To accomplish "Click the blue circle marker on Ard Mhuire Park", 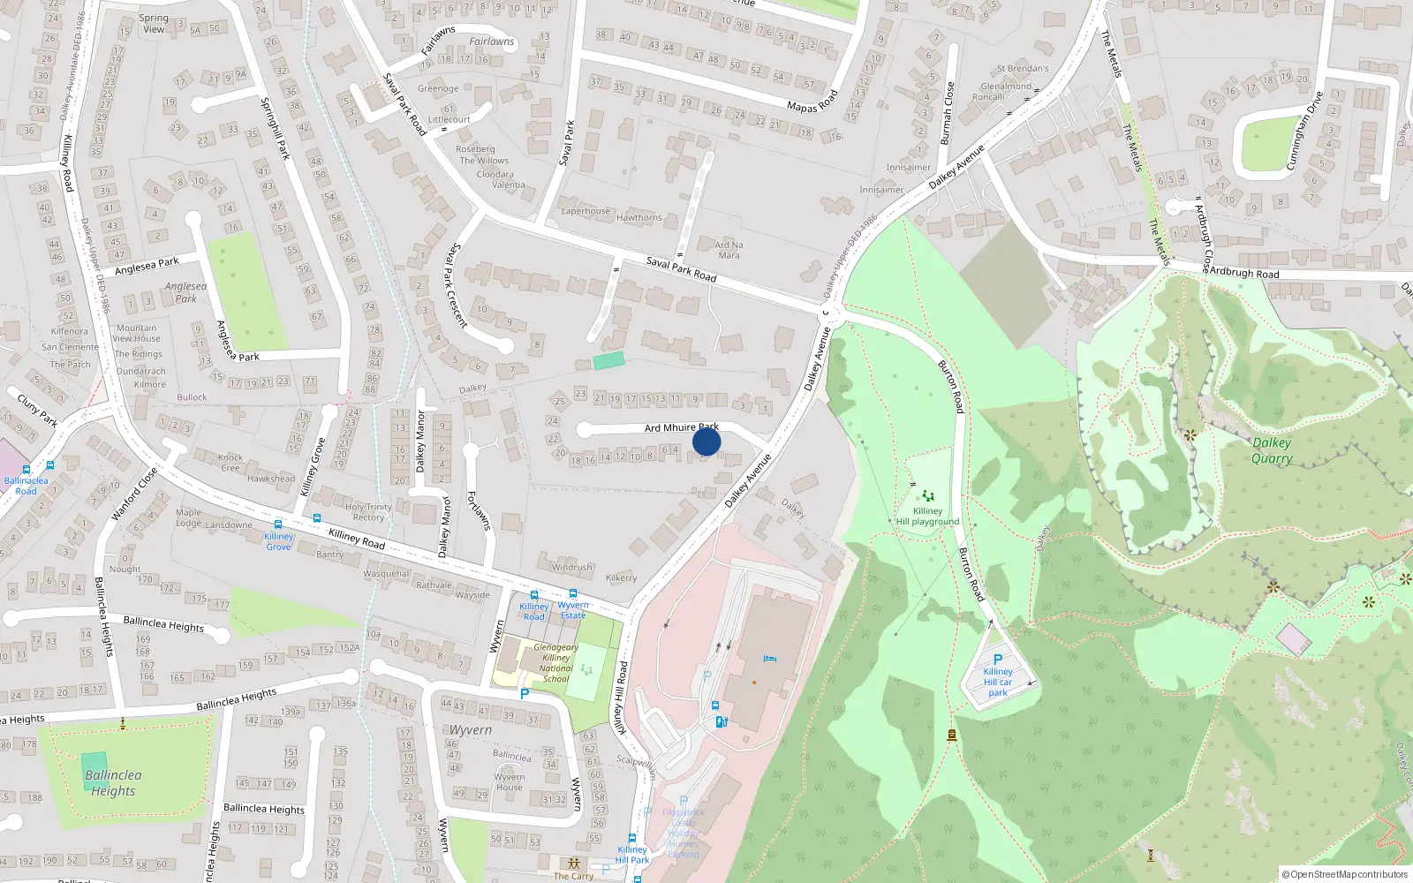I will click(706, 441).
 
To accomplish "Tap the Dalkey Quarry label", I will click(1272, 450).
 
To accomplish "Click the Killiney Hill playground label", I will click(927, 516).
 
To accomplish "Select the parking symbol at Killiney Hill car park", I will click(998, 659).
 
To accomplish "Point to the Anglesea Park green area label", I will click(185, 292).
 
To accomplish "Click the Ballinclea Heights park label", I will click(113, 783).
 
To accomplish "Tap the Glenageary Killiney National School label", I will click(555, 663).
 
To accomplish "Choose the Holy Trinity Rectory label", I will click(368, 512).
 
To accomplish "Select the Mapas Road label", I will click(812, 101).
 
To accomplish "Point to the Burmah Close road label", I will click(948, 113).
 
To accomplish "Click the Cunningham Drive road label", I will click(1304, 130).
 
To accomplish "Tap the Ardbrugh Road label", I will click(1243, 273).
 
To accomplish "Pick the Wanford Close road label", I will click(134, 494).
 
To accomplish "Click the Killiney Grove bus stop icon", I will click(278, 525).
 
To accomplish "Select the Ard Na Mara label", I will click(729, 250).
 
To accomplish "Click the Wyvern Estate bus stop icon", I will click(573, 594).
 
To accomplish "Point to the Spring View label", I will click(154, 23).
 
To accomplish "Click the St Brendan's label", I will click(1023, 68).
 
